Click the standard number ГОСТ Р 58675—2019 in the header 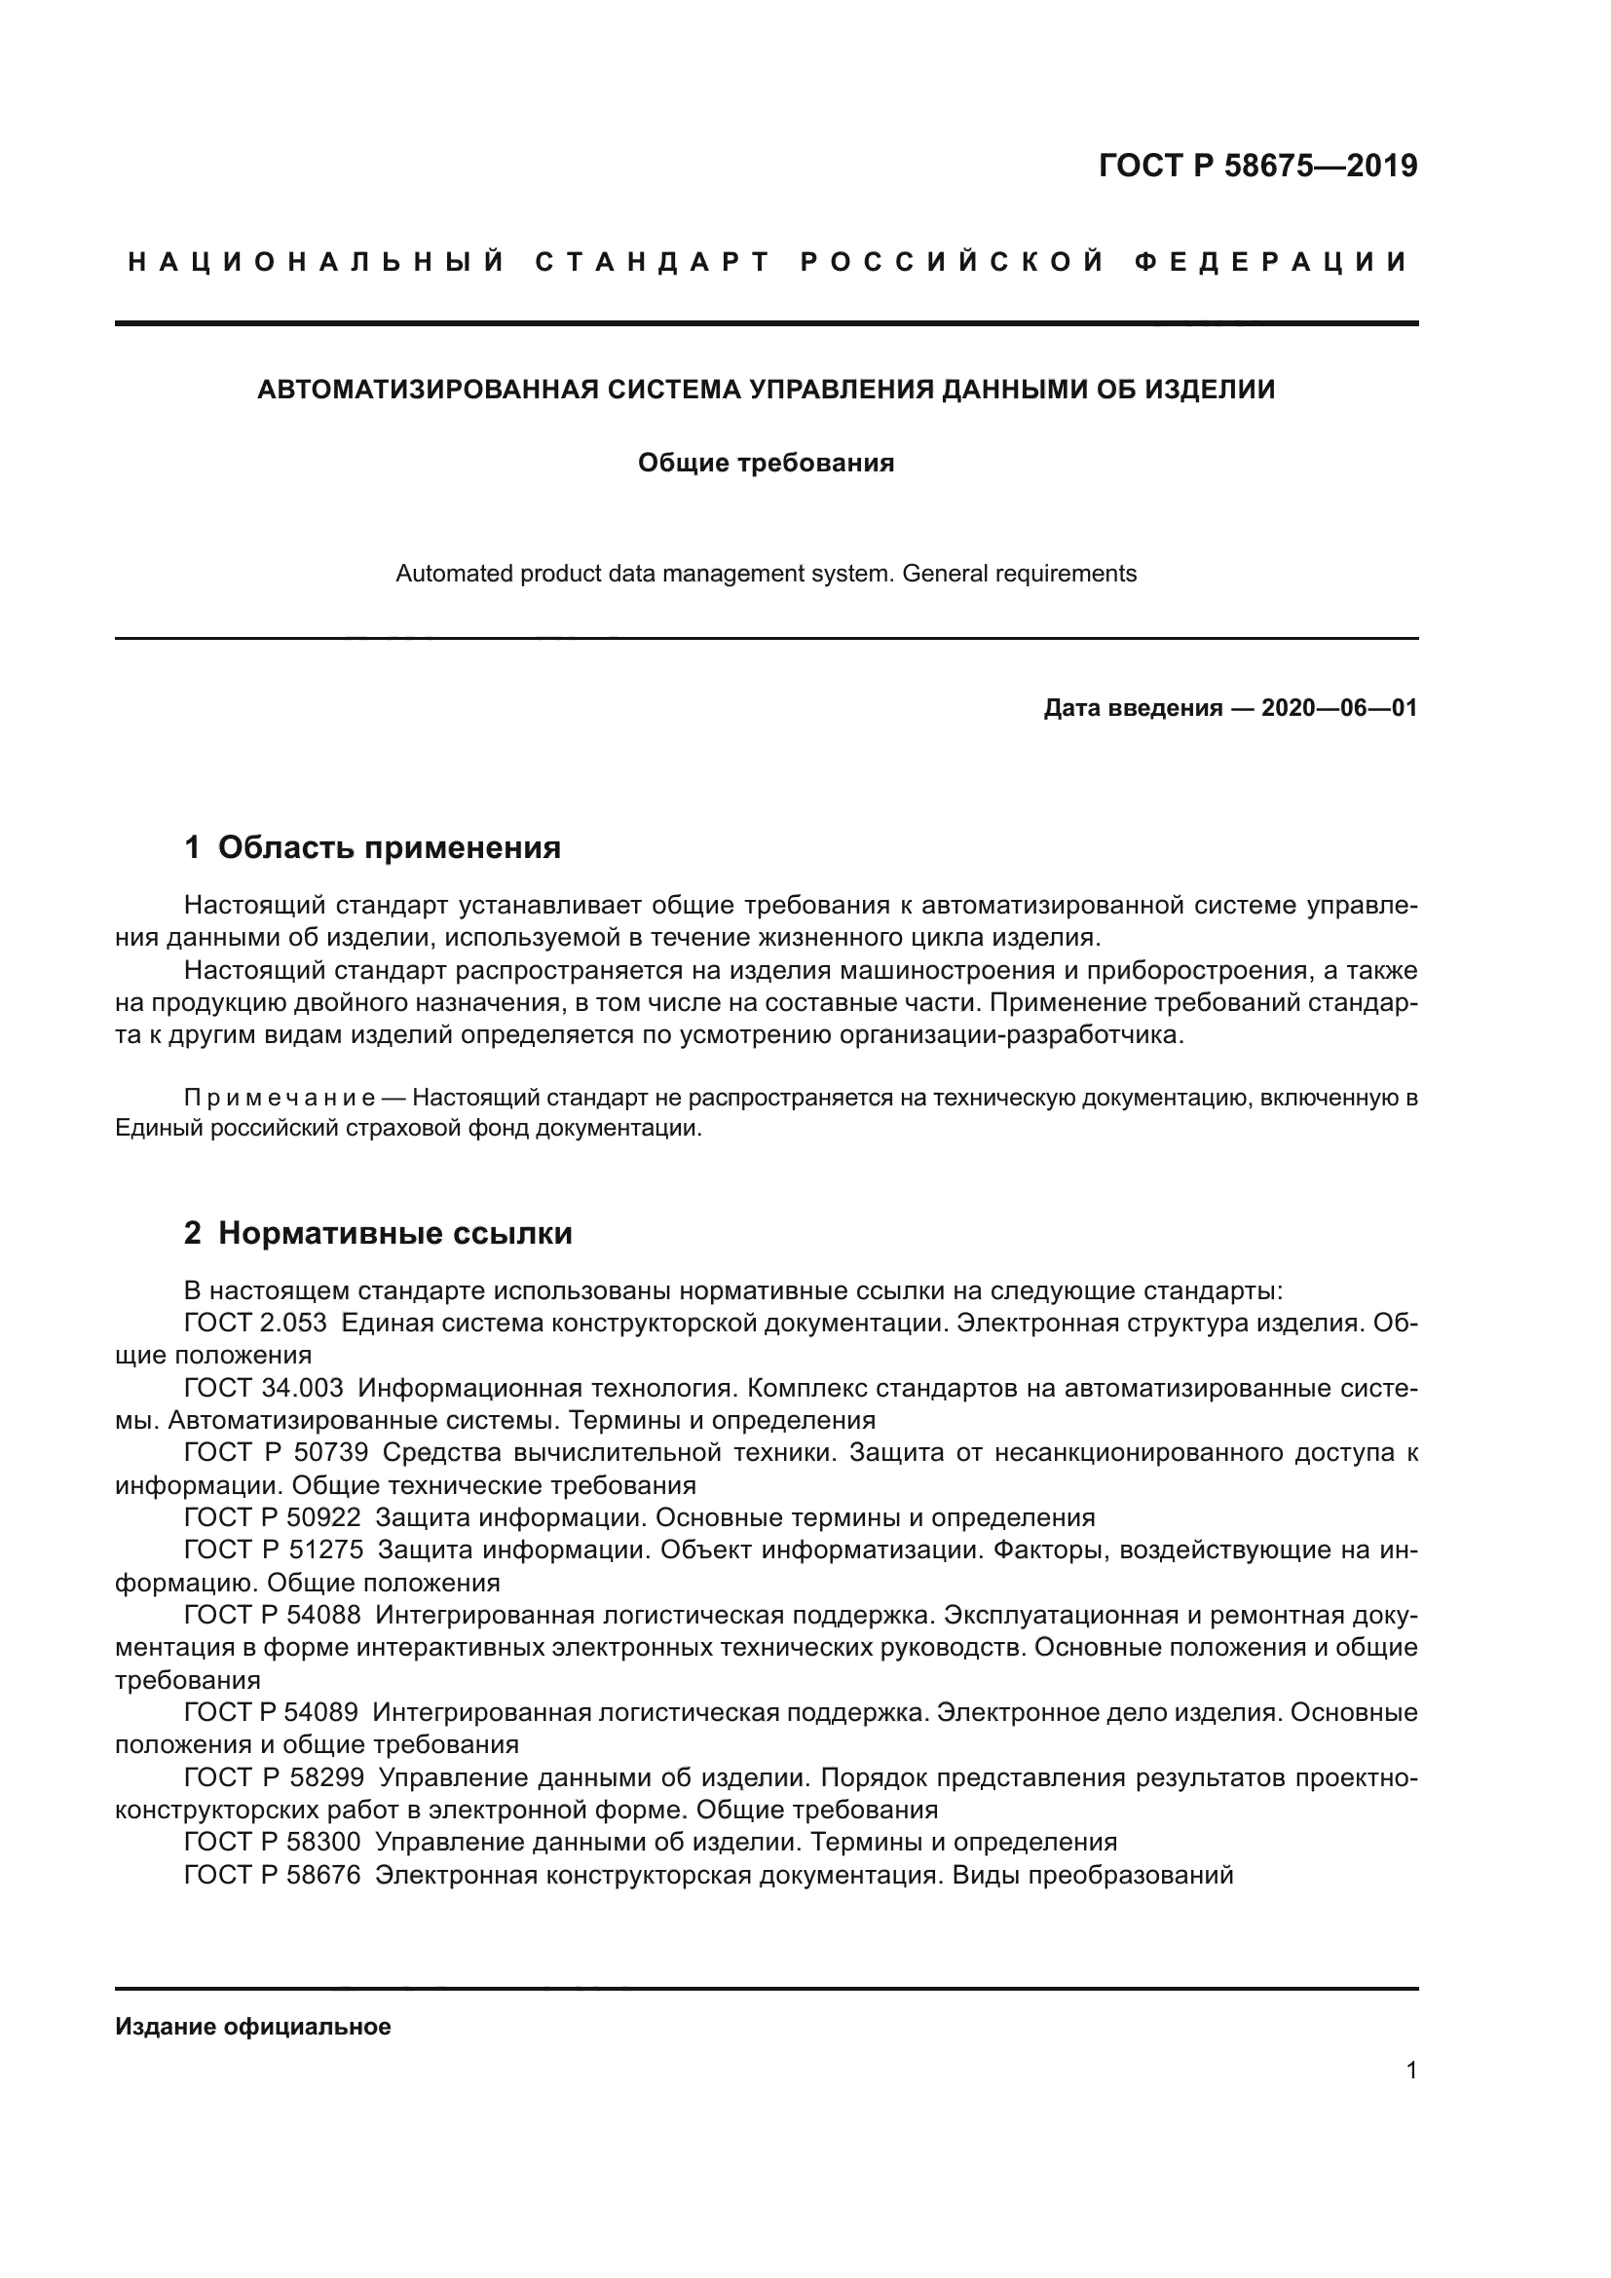[x=1257, y=166]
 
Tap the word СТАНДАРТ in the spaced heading [x=653, y=262]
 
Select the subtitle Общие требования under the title [x=766, y=464]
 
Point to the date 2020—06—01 [x=1339, y=707]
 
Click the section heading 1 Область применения [x=373, y=847]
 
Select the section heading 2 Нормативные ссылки [x=378, y=1233]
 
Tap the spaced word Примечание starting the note [x=280, y=1098]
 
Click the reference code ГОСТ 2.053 [x=255, y=1323]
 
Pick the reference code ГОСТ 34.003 [x=264, y=1388]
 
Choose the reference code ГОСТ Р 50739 [x=276, y=1452]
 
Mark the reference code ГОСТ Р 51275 [x=274, y=1550]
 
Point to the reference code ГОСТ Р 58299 [x=274, y=1777]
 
